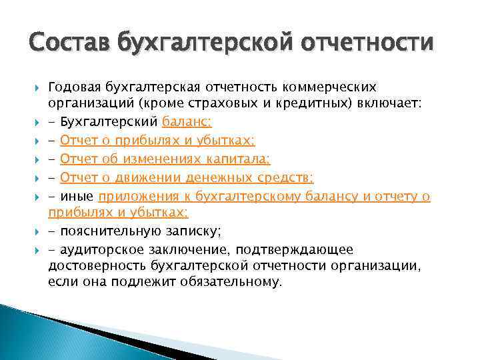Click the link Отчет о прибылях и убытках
point(157,141)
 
